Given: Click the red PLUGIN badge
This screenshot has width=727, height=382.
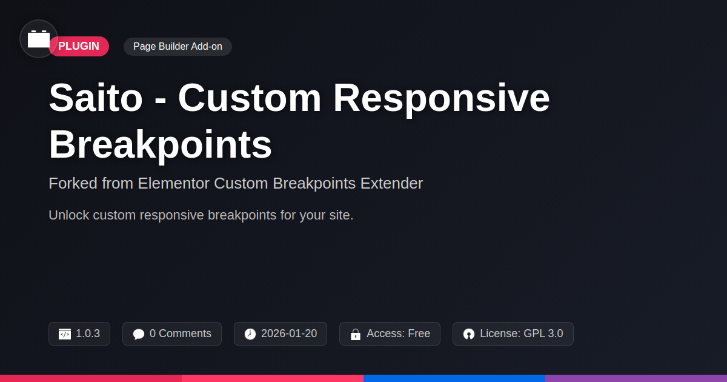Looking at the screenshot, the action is pos(79,46).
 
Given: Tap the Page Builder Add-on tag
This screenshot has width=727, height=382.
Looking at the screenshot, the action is pos(178,47).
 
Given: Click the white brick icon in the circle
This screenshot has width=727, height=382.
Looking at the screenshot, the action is pos(39,39).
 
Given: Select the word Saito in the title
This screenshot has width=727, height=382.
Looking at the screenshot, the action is pos(96,98).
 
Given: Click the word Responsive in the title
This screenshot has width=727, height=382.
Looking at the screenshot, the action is pos(442,98).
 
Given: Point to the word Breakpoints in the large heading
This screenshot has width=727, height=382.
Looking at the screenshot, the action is pos(160,144).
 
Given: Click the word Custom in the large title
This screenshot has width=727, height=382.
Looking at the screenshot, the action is pos(250,98).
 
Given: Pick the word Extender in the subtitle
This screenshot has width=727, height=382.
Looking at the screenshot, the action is pos(391,183).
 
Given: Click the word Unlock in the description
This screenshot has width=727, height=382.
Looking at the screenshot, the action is pos(69,215).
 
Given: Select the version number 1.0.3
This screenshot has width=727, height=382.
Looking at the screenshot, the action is pos(88,333).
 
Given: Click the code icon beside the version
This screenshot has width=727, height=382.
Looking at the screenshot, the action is pos(65,334).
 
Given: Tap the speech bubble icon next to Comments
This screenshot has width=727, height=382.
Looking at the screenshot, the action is pos(139,334).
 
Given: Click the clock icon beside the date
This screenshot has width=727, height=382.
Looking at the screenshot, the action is pos(250,334).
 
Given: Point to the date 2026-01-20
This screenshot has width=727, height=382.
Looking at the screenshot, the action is pos(289,333).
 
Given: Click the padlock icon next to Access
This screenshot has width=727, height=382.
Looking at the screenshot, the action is pos(356,334).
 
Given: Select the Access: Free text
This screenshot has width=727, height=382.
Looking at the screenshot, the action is pos(398,333).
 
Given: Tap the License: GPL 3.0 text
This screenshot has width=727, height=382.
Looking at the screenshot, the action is pos(522,333).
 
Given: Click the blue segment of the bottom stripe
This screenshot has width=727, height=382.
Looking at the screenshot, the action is pos(454,378).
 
